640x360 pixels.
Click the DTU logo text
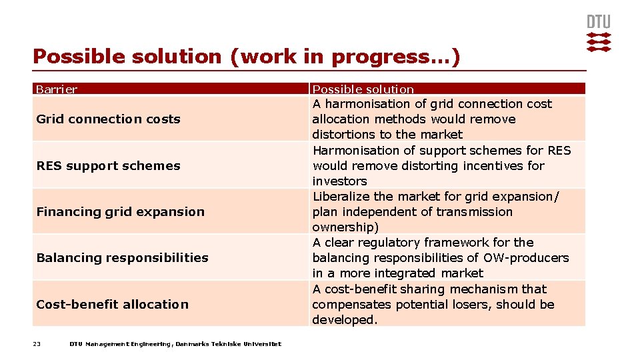[598, 21]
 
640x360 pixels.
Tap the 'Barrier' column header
[57, 89]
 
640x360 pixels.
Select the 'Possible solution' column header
[363, 89]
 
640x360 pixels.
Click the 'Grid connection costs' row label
[108, 119]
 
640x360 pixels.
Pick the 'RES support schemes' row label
[108, 165]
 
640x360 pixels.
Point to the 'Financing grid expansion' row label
[120, 212]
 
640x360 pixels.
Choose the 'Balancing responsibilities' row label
[122, 258]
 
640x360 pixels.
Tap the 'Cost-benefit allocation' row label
[112, 305]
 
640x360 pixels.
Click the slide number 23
[37, 344]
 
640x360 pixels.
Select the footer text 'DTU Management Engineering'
[120, 344]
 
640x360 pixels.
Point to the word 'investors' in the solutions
[339, 181]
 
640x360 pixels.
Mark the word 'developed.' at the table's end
[345, 320]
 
